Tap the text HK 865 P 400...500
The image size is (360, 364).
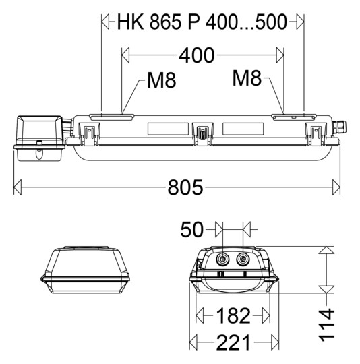202,22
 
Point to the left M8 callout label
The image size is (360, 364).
161,81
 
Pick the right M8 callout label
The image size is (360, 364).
247,78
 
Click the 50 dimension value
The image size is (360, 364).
192,231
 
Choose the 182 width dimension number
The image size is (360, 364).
232,315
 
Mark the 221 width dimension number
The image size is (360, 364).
232,342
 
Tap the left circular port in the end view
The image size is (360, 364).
222,257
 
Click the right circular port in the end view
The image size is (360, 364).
243,257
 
